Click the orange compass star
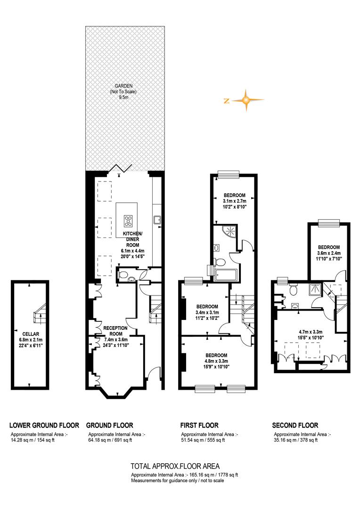point(246,100)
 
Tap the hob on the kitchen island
point(128,221)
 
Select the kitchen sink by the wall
point(157,220)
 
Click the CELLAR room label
point(31,334)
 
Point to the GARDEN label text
point(123,86)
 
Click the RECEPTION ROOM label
point(115,331)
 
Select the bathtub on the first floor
point(226,275)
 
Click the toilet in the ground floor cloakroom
point(123,275)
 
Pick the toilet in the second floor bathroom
point(294,289)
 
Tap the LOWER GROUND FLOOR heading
point(44,425)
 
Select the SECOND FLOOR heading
point(295,425)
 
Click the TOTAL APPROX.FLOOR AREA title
point(175,466)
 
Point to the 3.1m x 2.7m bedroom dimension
point(234,201)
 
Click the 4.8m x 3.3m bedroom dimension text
point(216,361)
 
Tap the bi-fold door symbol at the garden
point(120,168)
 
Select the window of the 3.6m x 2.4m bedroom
point(328,222)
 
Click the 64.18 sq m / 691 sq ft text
point(110,440)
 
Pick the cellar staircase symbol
point(40,313)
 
